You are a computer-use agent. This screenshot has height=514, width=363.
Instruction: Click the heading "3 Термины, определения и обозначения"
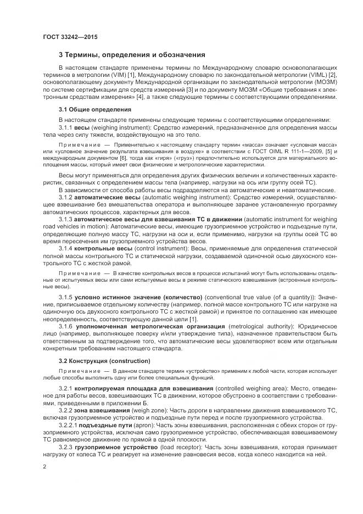(x=132, y=55)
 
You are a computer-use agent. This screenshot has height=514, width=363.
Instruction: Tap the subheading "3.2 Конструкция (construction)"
(x=104, y=361)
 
